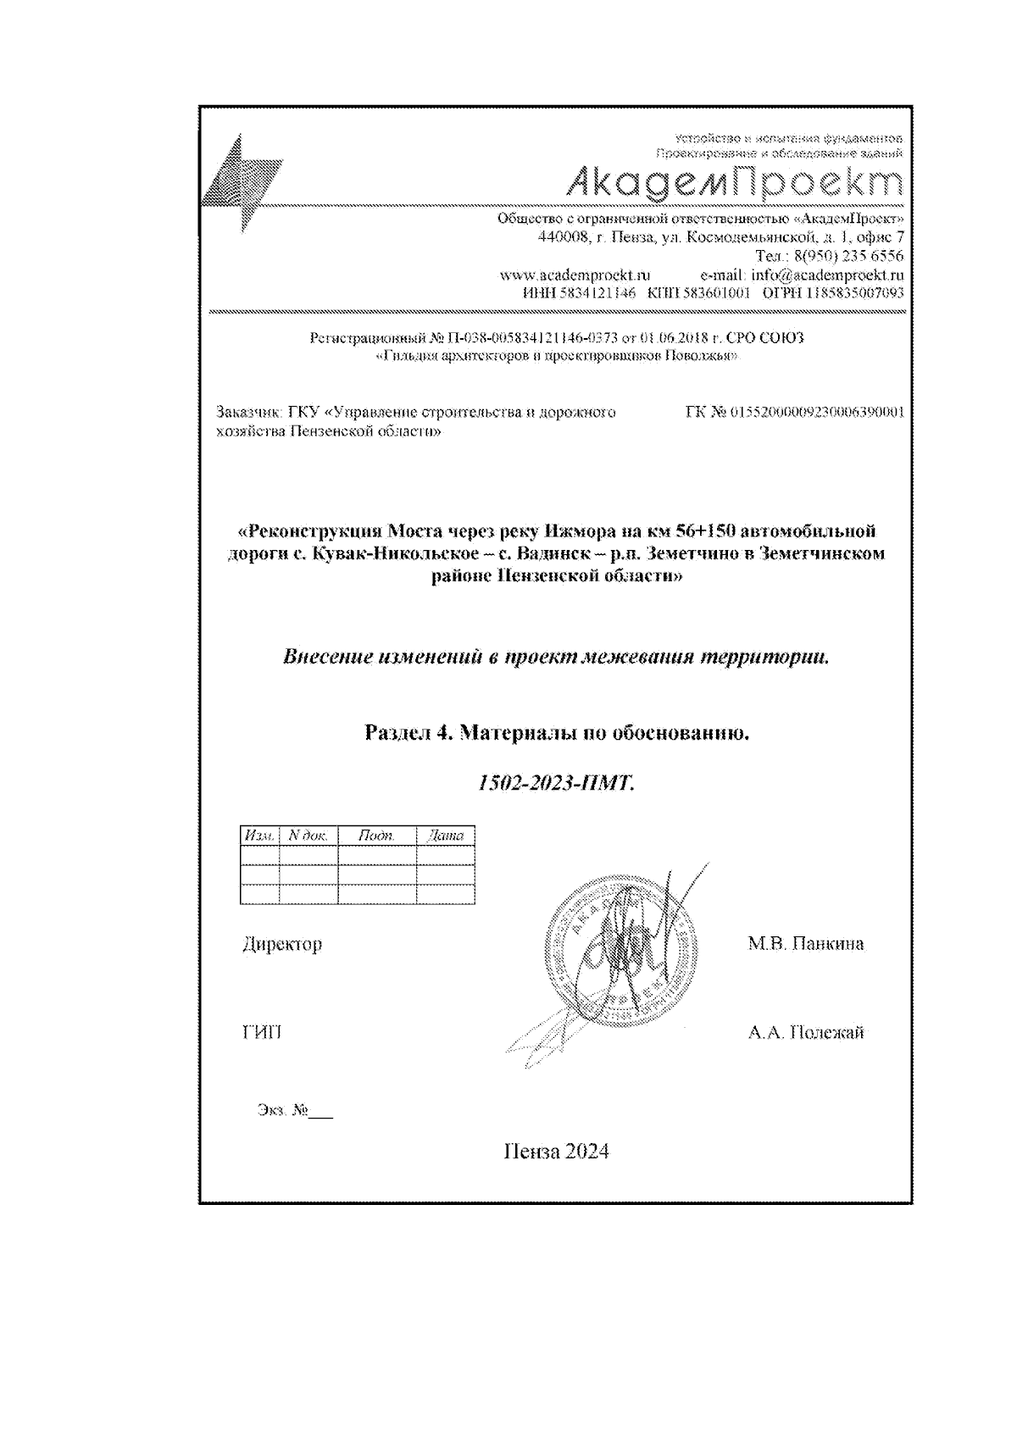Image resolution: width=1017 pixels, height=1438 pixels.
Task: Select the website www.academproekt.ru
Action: click(x=575, y=275)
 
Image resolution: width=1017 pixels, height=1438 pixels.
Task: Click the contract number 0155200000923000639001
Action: click(x=817, y=412)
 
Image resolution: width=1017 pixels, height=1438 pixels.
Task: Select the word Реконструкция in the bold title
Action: click(x=310, y=531)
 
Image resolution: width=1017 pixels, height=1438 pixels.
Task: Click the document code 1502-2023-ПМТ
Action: click(x=556, y=783)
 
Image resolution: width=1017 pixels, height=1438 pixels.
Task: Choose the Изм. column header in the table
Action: click(x=259, y=836)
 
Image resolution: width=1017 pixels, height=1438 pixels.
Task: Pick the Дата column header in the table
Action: click(x=446, y=836)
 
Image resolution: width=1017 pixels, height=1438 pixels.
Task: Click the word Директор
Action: click(x=282, y=944)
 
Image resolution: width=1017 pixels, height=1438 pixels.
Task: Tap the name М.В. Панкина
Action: click(x=805, y=944)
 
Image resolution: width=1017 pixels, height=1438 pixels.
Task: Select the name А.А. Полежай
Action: click(x=805, y=1033)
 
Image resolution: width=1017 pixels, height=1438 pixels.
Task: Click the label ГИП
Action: click(x=262, y=1033)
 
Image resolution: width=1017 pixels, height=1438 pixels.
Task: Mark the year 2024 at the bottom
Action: click(x=586, y=1152)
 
